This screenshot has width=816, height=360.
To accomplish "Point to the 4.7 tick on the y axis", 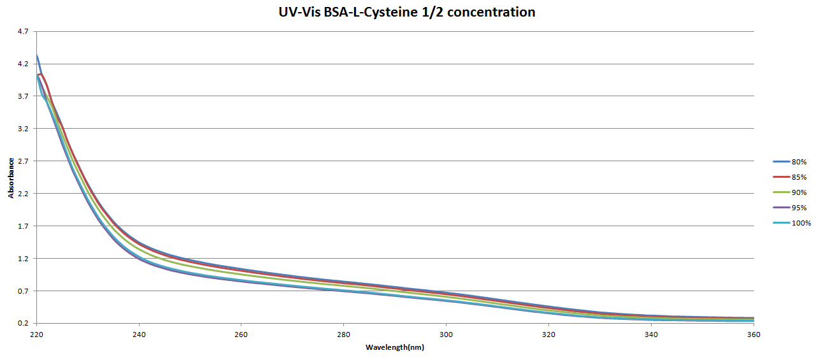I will [x=23, y=31].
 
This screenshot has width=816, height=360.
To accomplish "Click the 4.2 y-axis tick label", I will [x=23, y=64].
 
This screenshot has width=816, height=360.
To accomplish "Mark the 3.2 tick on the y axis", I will [x=23, y=129].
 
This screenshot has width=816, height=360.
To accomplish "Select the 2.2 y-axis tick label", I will [x=23, y=194].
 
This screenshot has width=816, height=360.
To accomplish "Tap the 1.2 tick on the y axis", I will [x=23, y=259].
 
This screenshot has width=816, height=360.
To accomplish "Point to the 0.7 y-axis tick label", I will [x=23, y=291].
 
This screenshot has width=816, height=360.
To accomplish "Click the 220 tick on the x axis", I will [x=36, y=334].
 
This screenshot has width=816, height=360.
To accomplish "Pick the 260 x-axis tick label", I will [x=241, y=334].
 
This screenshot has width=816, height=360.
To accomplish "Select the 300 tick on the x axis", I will [x=447, y=334].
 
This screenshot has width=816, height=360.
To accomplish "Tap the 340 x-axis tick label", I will [x=652, y=334].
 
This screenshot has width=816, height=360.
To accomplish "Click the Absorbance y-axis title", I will [x=11, y=177].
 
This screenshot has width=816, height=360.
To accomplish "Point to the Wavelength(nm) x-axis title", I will [x=395, y=347].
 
